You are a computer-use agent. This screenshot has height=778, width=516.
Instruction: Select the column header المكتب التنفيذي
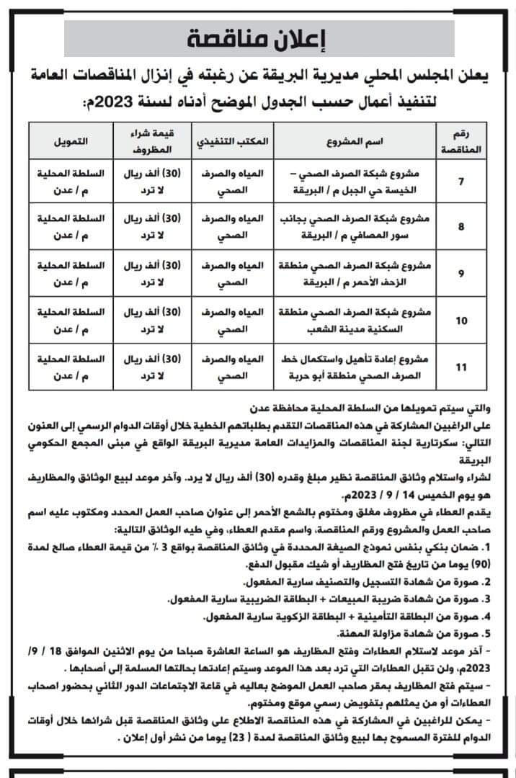(233, 142)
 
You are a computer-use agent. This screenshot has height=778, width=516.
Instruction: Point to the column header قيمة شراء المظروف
(151, 142)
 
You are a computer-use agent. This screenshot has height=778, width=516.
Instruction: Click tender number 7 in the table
(461, 181)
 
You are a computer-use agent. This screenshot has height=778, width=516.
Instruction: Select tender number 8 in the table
(461, 226)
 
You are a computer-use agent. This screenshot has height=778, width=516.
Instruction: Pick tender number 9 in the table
(461, 272)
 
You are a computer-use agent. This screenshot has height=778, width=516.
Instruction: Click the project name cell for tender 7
(371, 181)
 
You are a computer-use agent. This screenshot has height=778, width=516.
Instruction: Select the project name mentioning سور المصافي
(371, 226)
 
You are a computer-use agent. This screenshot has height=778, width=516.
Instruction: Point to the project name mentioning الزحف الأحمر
(371, 272)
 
